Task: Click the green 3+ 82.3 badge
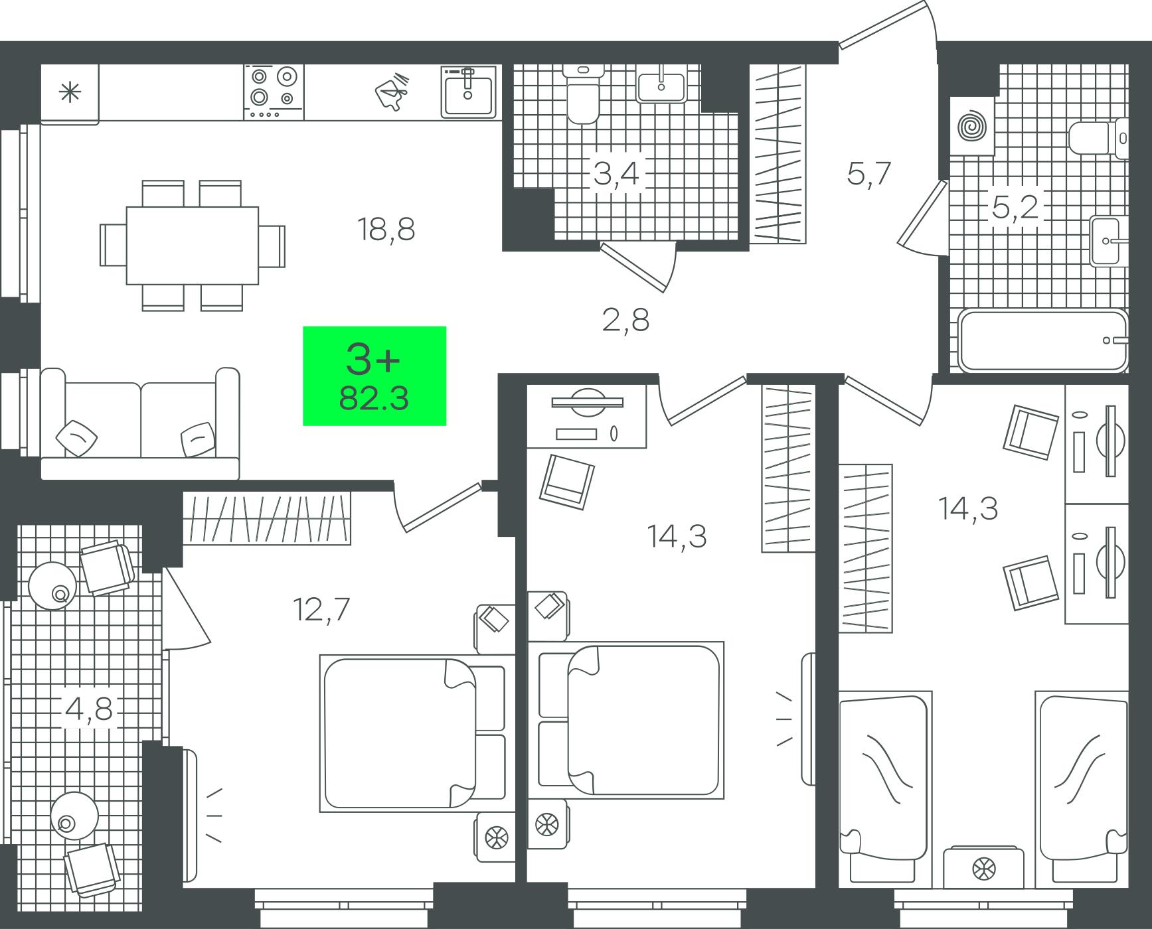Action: pyautogui.click(x=374, y=376)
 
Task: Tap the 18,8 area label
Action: pyautogui.click(x=386, y=230)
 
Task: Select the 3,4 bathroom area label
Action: pyautogui.click(x=616, y=174)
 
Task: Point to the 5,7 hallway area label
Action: pyautogui.click(x=868, y=174)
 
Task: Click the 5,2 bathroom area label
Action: pyautogui.click(x=1015, y=208)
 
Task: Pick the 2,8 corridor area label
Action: pyautogui.click(x=625, y=321)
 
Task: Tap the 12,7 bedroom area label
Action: pyautogui.click(x=321, y=609)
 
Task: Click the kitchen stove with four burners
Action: pyautogui.click(x=274, y=92)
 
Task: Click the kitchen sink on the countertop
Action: pyautogui.click(x=469, y=92)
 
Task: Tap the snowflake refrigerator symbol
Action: pyautogui.click(x=69, y=93)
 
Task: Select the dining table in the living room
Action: pyautogui.click(x=193, y=246)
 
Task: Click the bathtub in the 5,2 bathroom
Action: pyautogui.click(x=1043, y=340)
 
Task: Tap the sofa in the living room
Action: pyautogui.click(x=139, y=423)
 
